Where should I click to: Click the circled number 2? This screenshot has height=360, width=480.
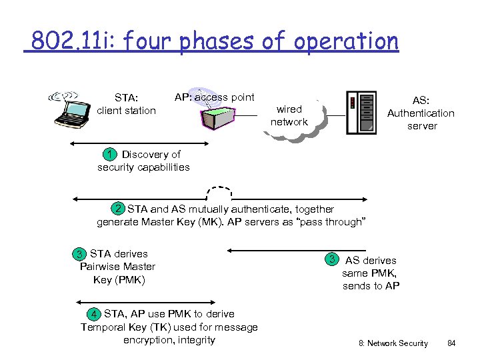[119, 209]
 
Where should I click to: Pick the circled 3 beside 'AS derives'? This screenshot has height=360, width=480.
[331, 259]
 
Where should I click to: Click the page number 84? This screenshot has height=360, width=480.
[451, 343]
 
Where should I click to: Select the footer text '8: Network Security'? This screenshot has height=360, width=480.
[393, 343]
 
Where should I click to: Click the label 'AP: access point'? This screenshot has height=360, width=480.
[215, 97]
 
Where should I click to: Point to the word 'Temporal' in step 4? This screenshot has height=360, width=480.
[103, 327]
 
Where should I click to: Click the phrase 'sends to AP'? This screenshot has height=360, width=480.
[371, 286]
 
